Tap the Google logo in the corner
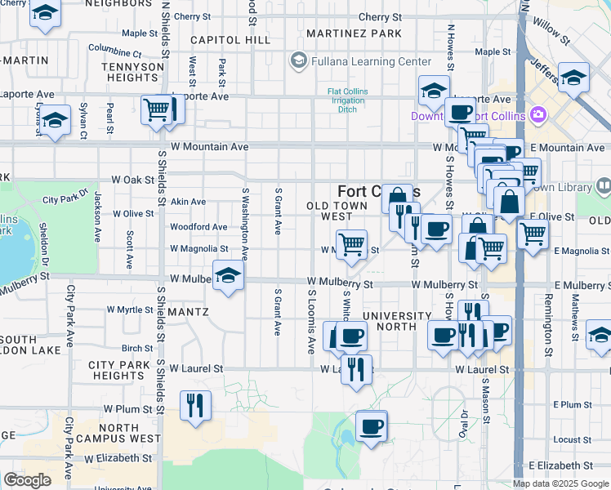point(27,480)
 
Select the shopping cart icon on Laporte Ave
point(157,109)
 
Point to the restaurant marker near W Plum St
point(195,405)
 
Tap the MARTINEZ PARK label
point(354,33)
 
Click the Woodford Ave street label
point(198,227)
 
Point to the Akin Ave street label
point(188,202)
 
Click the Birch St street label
point(137,348)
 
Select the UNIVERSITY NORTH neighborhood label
point(397,322)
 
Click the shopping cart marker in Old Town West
point(351,244)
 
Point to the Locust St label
point(571,439)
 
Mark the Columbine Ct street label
point(115,49)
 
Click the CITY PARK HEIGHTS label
point(118,370)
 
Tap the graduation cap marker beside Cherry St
point(45,14)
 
